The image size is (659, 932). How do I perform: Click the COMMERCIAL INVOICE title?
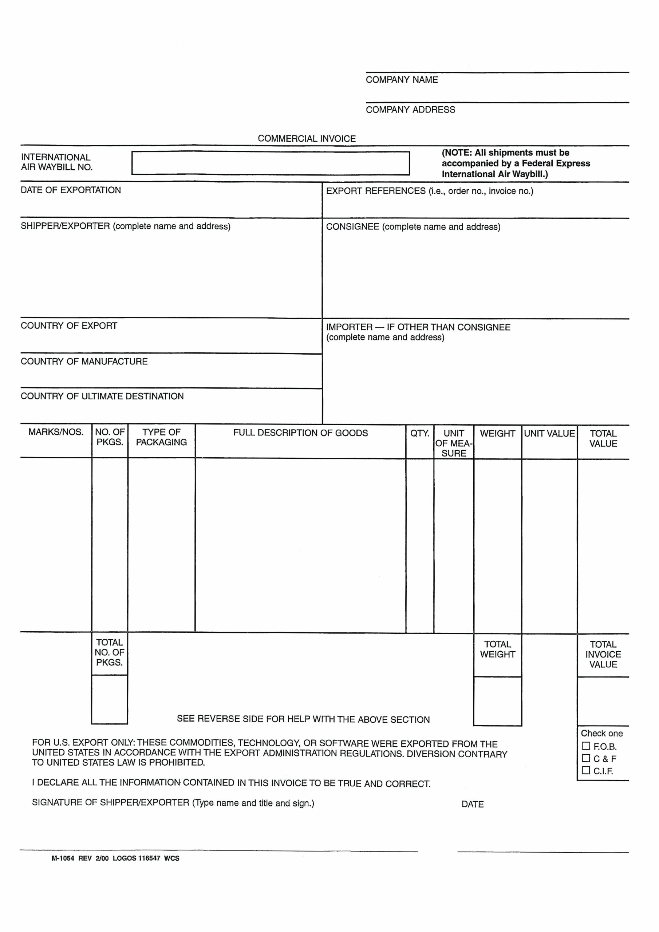click(307, 138)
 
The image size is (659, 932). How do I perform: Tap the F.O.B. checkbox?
click(585, 746)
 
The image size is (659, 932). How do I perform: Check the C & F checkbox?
click(585, 758)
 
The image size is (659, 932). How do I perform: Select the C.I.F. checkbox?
click(585, 770)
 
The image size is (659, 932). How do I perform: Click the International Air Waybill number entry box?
click(271, 163)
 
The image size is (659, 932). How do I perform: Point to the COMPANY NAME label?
click(402, 80)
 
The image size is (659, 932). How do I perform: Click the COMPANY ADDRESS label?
click(410, 110)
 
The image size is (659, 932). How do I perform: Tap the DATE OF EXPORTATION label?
click(71, 190)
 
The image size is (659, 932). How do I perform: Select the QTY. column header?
click(419, 433)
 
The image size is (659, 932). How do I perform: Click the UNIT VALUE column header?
click(549, 434)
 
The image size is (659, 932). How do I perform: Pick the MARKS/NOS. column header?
click(56, 432)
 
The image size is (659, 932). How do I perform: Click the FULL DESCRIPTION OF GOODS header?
click(300, 433)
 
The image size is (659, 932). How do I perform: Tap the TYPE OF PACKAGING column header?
click(161, 437)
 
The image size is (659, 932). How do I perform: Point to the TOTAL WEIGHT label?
click(497, 649)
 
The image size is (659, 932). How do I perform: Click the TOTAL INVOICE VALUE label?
click(603, 654)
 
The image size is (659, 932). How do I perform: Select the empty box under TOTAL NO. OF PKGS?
click(109, 699)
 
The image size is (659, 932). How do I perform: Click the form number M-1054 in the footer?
click(63, 858)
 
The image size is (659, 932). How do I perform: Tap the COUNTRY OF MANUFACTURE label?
click(84, 361)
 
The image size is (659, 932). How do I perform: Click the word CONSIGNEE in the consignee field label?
click(352, 227)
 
